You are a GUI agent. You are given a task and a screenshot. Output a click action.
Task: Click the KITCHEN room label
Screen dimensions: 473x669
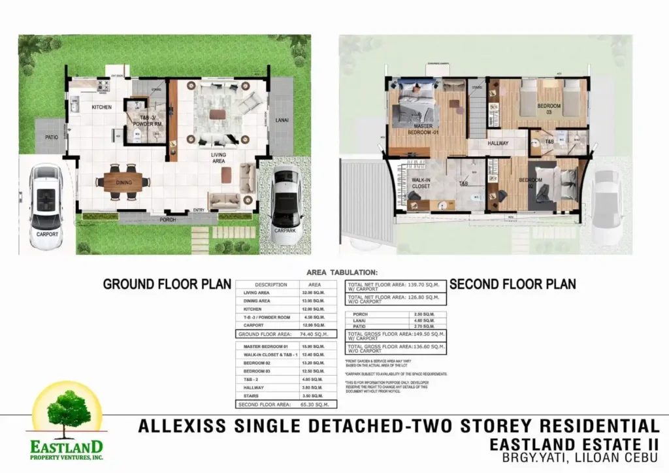(x=101, y=107)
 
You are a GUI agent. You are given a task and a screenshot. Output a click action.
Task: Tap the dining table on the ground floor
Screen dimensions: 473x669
(x=125, y=182)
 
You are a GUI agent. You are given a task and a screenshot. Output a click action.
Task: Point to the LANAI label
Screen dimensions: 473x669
(x=282, y=120)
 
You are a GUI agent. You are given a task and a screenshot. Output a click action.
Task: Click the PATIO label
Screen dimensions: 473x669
(x=52, y=138)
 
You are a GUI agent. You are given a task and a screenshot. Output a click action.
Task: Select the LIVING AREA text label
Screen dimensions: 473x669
(x=218, y=158)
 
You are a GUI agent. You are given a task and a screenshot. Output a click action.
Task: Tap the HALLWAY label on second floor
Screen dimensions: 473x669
(x=498, y=144)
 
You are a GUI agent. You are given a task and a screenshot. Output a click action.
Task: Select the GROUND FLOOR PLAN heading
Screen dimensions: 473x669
(x=167, y=284)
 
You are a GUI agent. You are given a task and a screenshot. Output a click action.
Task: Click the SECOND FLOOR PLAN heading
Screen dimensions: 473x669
(x=513, y=284)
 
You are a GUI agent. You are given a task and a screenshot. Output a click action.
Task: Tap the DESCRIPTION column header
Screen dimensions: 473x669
(x=270, y=285)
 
